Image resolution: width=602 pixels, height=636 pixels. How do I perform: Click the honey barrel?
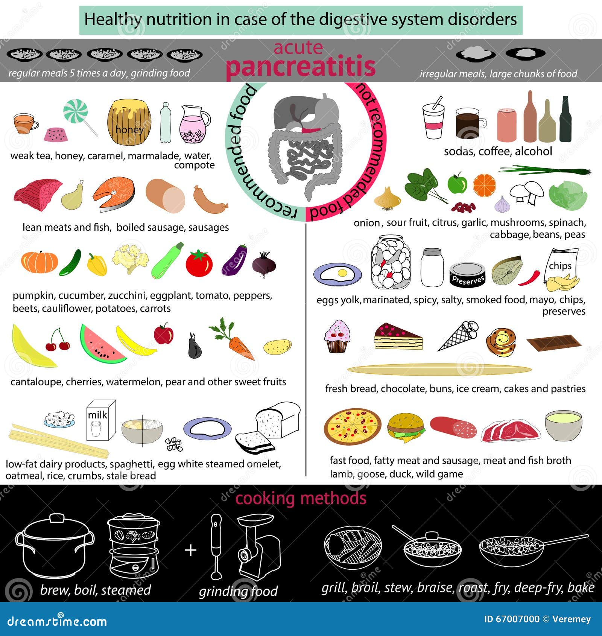click(x=129, y=122)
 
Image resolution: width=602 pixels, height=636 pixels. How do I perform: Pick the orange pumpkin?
click(x=40, y=262)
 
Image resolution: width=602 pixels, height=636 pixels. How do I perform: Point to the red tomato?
click(x=199, y=263)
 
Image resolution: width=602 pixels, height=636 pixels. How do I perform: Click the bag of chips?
click(x=561, y=270)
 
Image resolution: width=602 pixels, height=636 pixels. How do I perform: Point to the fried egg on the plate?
click(x=337, y=274)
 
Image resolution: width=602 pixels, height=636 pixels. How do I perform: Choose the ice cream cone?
click(x=458, y=335)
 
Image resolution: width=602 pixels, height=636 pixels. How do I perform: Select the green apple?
click(x=457, y=184)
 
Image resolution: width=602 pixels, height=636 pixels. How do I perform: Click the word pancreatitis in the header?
click(x=300, y=67)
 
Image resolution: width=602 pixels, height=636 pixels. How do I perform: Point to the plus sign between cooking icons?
click(x=191, y=550)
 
